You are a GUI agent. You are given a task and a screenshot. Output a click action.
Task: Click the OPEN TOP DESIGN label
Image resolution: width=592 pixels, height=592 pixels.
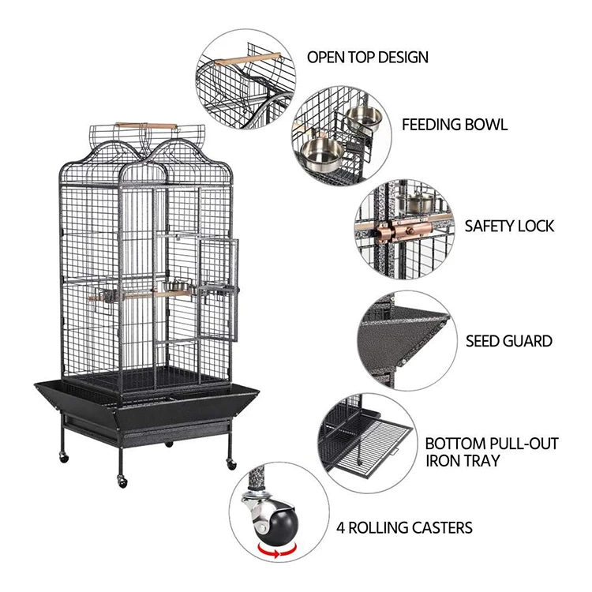point(367,57)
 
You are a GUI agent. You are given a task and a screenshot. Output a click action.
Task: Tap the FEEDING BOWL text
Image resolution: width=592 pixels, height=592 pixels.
point(455,125)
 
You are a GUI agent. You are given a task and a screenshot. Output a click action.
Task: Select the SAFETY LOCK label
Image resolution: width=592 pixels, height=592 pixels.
point(509,226)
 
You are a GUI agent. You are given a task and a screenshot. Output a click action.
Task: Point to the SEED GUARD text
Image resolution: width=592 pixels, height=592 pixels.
point(508,342)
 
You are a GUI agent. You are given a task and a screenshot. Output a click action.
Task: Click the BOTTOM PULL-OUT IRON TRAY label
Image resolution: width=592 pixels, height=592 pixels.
point(491,451)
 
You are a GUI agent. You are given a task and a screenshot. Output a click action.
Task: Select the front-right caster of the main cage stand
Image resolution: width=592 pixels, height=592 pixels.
point(230,463)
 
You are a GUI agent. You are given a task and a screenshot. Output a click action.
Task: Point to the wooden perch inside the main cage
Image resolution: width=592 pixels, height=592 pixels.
point(130,295)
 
